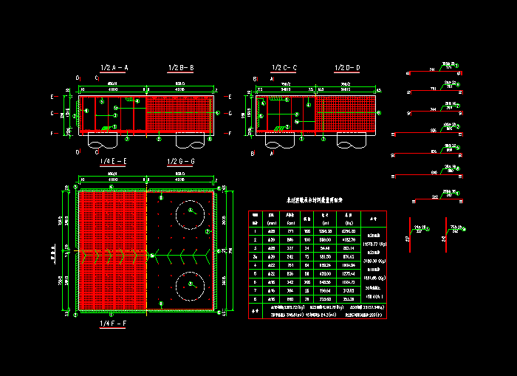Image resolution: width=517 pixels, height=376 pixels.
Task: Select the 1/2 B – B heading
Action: coord(182,68)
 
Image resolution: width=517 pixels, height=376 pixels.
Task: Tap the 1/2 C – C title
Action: coord(284,68)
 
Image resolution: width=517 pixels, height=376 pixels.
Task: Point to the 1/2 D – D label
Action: coord(347,68)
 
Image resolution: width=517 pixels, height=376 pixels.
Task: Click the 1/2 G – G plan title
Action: coord(182,161)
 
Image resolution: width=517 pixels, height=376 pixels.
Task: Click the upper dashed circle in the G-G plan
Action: coord(189,214)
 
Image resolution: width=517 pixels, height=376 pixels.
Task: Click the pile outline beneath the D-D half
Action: coord(347,140)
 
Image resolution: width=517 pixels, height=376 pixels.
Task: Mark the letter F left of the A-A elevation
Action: coord(52,134)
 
